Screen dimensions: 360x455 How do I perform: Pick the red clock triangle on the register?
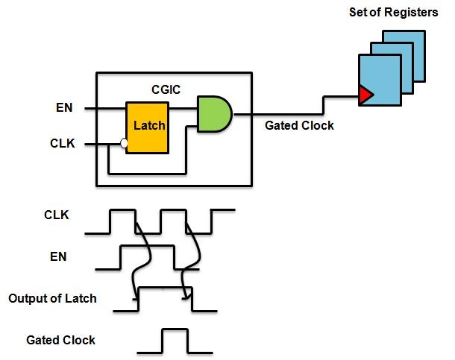(365, 95)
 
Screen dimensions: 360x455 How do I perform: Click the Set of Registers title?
(392, 13)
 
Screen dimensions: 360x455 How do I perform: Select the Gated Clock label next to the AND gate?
(299, 126)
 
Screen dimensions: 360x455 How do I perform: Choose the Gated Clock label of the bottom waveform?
(60, 340)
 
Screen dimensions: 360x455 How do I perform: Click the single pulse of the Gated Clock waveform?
(175, 339)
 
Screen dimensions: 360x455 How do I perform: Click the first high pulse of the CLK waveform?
(122, 221)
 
